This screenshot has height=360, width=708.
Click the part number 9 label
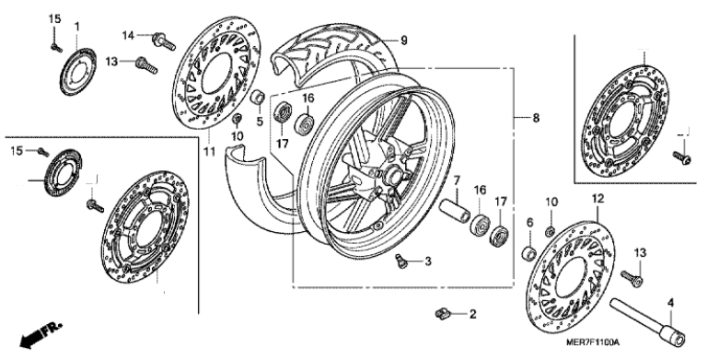[403, 41]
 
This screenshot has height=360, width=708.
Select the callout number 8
[536, 119]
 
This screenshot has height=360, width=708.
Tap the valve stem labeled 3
[401, 261]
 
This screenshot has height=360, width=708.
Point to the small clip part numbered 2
[443, 313]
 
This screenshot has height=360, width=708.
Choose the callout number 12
[598, 198]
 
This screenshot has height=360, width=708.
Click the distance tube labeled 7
[453, 211]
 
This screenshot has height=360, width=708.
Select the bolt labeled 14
[165, 41]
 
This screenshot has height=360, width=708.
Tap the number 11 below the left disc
[209, 152]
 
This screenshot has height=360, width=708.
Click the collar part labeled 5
[258, 97]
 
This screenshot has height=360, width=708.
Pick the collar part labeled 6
[529, 253]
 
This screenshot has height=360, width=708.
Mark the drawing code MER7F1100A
[593, 343]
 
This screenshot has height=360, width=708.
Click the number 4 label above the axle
[670, 303]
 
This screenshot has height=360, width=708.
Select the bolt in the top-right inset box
[682, 157]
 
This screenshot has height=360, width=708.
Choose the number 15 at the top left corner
[54, 19]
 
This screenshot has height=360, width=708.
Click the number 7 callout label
[457, 180]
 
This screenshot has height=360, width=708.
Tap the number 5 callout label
[260, 121]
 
